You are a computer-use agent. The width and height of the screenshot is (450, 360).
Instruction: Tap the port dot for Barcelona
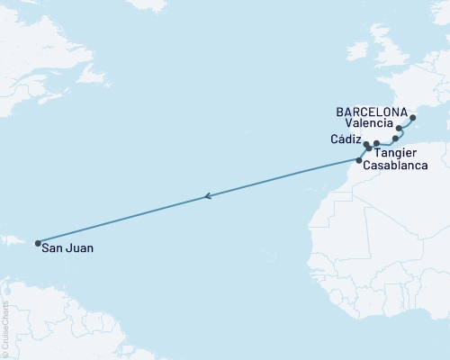(x=413, y=117)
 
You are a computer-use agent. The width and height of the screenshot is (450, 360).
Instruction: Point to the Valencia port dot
(x=399, y=129)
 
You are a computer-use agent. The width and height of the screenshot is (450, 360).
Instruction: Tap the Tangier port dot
(x=369, y=148)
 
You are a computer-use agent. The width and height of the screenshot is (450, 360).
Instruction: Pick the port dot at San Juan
(x=37, y=242)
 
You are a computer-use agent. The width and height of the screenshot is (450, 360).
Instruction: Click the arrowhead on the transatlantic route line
(x=208, y=196)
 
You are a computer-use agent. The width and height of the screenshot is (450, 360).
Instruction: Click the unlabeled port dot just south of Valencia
(x=395, y=139)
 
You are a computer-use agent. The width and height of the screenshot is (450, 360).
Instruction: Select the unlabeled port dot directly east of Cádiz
(x=377, y=143)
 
